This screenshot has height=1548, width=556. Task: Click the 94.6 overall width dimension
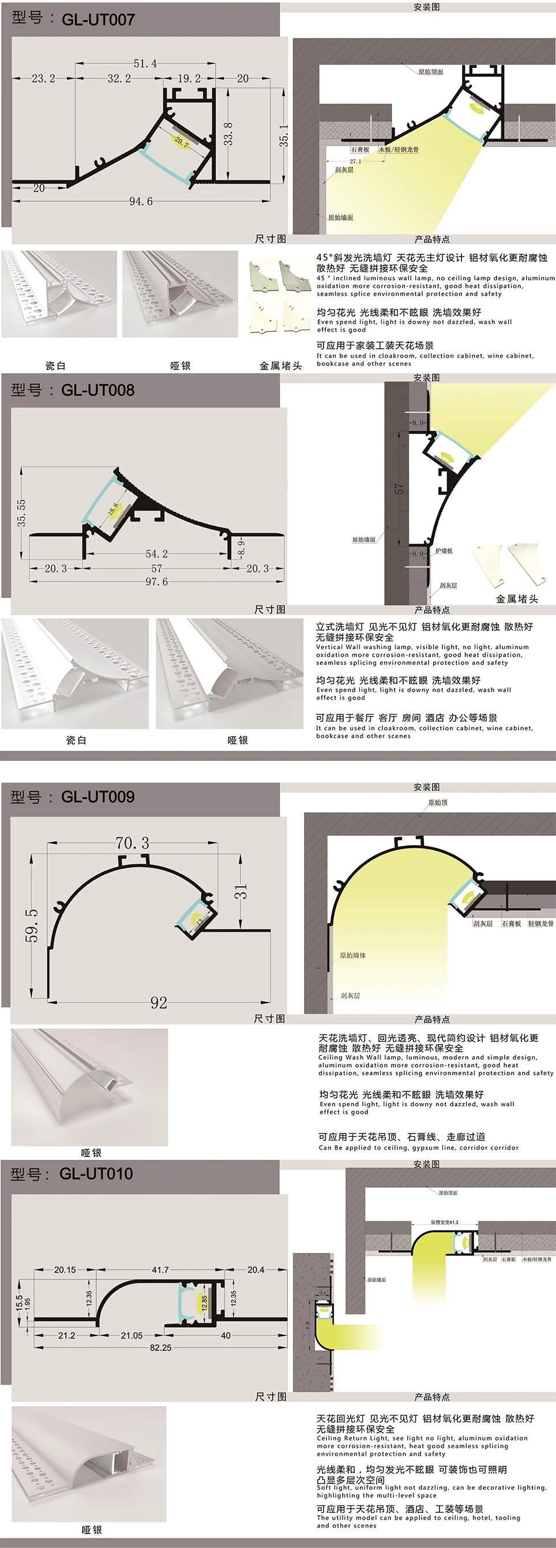[x=141, y=201]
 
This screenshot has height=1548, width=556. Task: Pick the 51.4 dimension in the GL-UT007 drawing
[x=145, y=63]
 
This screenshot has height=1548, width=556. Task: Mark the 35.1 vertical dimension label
[x=283, y=136]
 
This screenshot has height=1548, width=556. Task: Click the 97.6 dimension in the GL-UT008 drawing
[x=156, y=582]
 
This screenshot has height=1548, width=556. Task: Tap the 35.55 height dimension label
[x=22, y=513]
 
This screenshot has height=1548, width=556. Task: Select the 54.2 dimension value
[x=156, y=553]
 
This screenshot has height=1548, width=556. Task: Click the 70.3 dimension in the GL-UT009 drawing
[x=132, y=842]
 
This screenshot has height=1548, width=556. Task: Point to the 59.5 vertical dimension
[x=32, y=925]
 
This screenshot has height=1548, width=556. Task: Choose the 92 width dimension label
[x=159, y=1003]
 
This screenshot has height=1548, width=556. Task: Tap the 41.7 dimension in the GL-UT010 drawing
[x=160, y=1270]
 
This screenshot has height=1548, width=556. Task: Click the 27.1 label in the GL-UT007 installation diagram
[x=355, y=161]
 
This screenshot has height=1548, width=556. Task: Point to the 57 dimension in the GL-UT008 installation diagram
[x=399, y=488]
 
